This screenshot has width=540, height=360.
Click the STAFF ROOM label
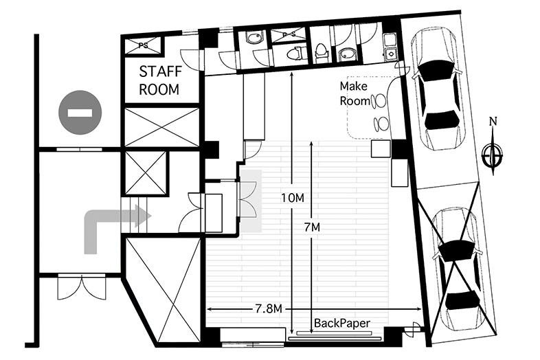pos(160,80)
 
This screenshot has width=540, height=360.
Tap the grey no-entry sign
pos(80,112)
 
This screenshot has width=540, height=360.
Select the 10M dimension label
pos(293,198)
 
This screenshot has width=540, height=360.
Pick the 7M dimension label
pos(313,227)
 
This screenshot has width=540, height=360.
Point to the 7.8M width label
pos(269,309)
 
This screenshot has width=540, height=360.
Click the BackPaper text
pos(342,323)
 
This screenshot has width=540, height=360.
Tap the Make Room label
pos(355,93)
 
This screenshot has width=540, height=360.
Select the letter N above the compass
pos(493,122)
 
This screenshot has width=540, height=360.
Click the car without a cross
pos(438,89)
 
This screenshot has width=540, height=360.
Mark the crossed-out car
pos(459,269)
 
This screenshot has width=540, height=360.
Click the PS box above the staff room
pos(143,46)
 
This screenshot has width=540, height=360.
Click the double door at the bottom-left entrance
pos(82,287)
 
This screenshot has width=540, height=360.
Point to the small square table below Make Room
pos(381,148)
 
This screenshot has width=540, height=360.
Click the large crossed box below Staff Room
pos(161,127)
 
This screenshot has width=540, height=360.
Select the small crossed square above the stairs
pos(146,173)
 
